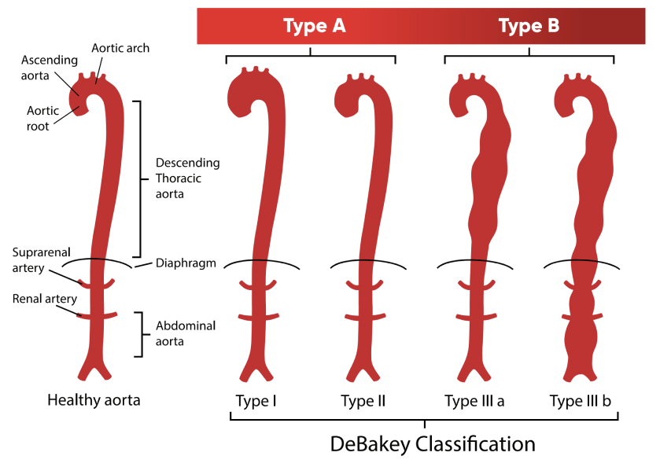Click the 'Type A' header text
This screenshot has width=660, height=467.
314,26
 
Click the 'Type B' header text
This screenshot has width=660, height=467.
529,26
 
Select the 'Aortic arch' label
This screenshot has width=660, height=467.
120,48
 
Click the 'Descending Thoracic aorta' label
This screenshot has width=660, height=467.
187,178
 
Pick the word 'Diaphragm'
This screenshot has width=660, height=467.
186,263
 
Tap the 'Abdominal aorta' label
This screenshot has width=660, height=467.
186,333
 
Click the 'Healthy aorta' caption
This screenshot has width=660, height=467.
94,399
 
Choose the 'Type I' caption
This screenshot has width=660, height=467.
256,401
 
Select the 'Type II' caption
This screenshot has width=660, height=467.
363,401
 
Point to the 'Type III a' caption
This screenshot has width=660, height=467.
474,401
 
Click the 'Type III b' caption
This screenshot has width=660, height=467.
581,401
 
